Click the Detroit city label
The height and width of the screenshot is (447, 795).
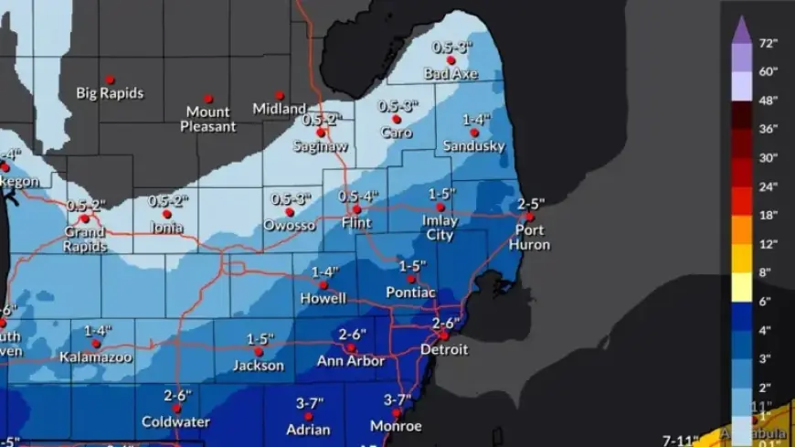pos(444,349)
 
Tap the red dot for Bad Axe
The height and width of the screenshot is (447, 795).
pos(450,60)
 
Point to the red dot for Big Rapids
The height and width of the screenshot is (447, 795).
pos(110,80)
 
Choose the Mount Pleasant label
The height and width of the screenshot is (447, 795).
pos(207,120)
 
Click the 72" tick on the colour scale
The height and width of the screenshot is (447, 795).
pos(767,43)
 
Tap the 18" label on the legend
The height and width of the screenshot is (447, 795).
pos(767,216)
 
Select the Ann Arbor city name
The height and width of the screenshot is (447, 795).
pos(351,361)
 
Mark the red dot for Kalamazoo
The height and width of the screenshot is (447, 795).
pos(96,344)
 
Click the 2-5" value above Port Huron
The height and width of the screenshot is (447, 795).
pos(531,203)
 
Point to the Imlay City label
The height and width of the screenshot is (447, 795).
pos(440,228)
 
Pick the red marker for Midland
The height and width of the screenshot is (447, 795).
pos(280,95)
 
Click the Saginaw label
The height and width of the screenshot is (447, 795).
pos(320,145)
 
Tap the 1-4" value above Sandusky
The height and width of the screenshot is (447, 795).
pos(475,120)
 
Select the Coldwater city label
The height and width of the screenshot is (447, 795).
pos(175,421)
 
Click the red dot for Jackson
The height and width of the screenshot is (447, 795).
pos(259,351)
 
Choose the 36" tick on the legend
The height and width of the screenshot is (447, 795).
pos(767,128)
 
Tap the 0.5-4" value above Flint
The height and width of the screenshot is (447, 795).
pos(357,196)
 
